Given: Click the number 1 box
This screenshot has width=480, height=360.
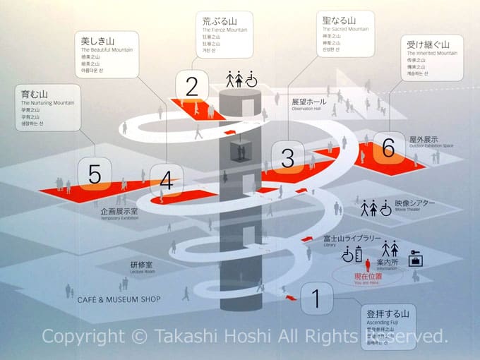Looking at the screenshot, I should pos(317,299).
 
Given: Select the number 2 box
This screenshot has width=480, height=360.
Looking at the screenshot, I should pos(192,87).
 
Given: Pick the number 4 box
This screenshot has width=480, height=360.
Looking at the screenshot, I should pos(167,181).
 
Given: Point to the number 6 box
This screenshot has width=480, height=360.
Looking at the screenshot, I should pos(388,148).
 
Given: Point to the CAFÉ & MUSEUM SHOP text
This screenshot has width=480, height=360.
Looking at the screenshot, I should pos(119,299).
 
